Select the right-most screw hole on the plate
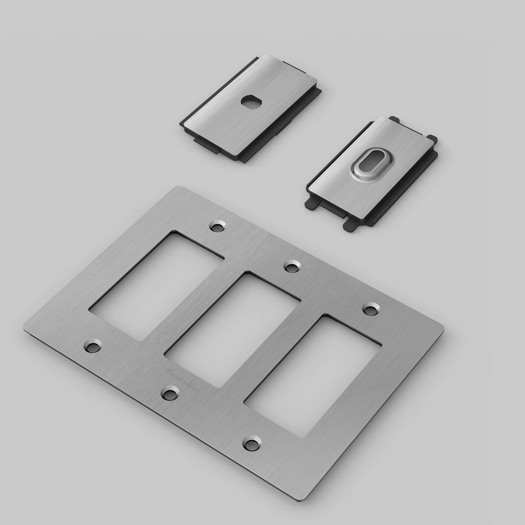371,310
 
